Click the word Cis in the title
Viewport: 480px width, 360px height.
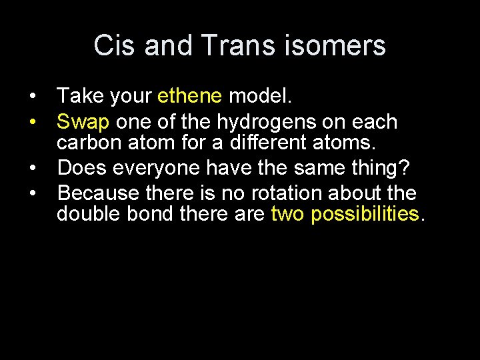[x=115, y=45]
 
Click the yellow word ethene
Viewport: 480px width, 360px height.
[x=190, y=97]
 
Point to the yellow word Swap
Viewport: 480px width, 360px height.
[x=83, y=122]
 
